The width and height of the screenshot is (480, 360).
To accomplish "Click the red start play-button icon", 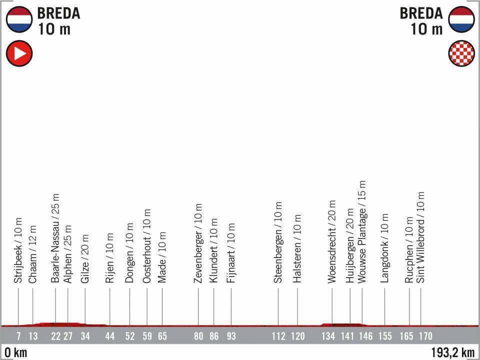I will click(x=19, y=53).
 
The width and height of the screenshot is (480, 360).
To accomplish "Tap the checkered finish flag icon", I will click(x=461, y=53).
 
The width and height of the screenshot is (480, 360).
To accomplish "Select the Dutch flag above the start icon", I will click(x=19, y=19).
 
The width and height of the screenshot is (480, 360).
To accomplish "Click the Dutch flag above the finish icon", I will click(x=461, y=19).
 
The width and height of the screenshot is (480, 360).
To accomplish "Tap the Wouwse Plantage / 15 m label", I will click(x=362, y=232).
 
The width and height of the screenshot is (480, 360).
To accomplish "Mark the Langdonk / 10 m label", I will click(x=384, y=248).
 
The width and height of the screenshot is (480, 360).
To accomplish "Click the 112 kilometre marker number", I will click(x=278, y=336).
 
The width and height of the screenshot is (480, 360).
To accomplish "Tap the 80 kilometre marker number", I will click(x=198, y=336).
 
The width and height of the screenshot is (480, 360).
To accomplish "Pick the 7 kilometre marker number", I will click(x=18, y=336).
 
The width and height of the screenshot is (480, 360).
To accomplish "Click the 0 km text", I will click(x=14, y=352).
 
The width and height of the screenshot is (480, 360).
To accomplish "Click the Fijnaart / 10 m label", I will click(x=231, y=250).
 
